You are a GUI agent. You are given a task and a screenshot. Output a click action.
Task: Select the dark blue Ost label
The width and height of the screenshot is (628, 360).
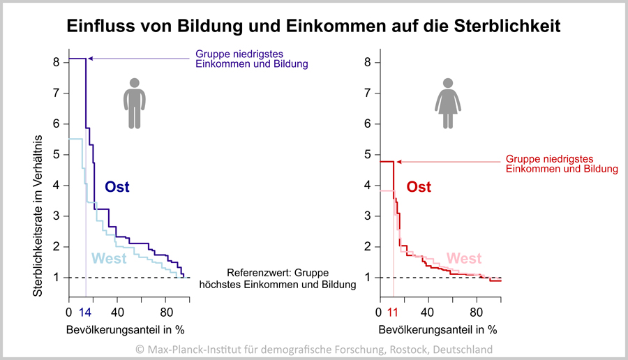(117, 187)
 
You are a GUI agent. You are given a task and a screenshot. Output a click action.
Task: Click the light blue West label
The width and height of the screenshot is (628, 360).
(109, 259)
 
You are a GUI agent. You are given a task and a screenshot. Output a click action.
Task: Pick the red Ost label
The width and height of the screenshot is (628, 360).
(419, 187)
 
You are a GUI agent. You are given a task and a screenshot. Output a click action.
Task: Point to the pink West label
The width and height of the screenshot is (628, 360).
(464, 259)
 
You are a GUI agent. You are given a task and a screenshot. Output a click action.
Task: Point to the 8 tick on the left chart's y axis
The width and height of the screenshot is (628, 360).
(58, 62)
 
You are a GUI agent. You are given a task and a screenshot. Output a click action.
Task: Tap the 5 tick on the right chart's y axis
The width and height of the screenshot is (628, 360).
(368, 154)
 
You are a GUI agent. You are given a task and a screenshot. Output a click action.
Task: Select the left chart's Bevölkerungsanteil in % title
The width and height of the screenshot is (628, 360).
(126, 329)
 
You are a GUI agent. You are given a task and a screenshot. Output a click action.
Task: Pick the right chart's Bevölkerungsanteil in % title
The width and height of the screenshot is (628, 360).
(438, 329)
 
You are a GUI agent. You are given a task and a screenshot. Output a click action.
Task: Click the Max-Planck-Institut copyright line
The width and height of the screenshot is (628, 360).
(314, 349)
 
